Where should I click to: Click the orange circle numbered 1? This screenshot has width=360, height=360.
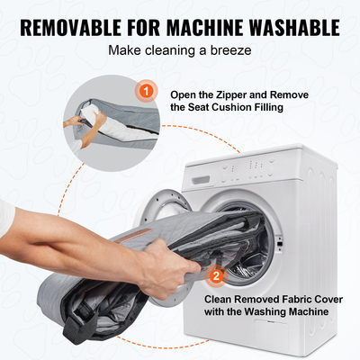(x=146, y=91)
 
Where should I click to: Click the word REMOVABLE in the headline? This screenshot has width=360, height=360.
(x=70, y=28)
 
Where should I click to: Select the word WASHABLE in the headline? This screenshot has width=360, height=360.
(x=295, y=28)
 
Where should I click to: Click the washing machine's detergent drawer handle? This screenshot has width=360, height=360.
(x=201, y=181)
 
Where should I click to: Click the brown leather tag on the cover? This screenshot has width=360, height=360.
(x=135, y=236)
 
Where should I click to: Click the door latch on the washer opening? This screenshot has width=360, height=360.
(x=280, y=242)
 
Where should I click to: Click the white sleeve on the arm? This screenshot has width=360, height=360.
(x=6, y=217)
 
